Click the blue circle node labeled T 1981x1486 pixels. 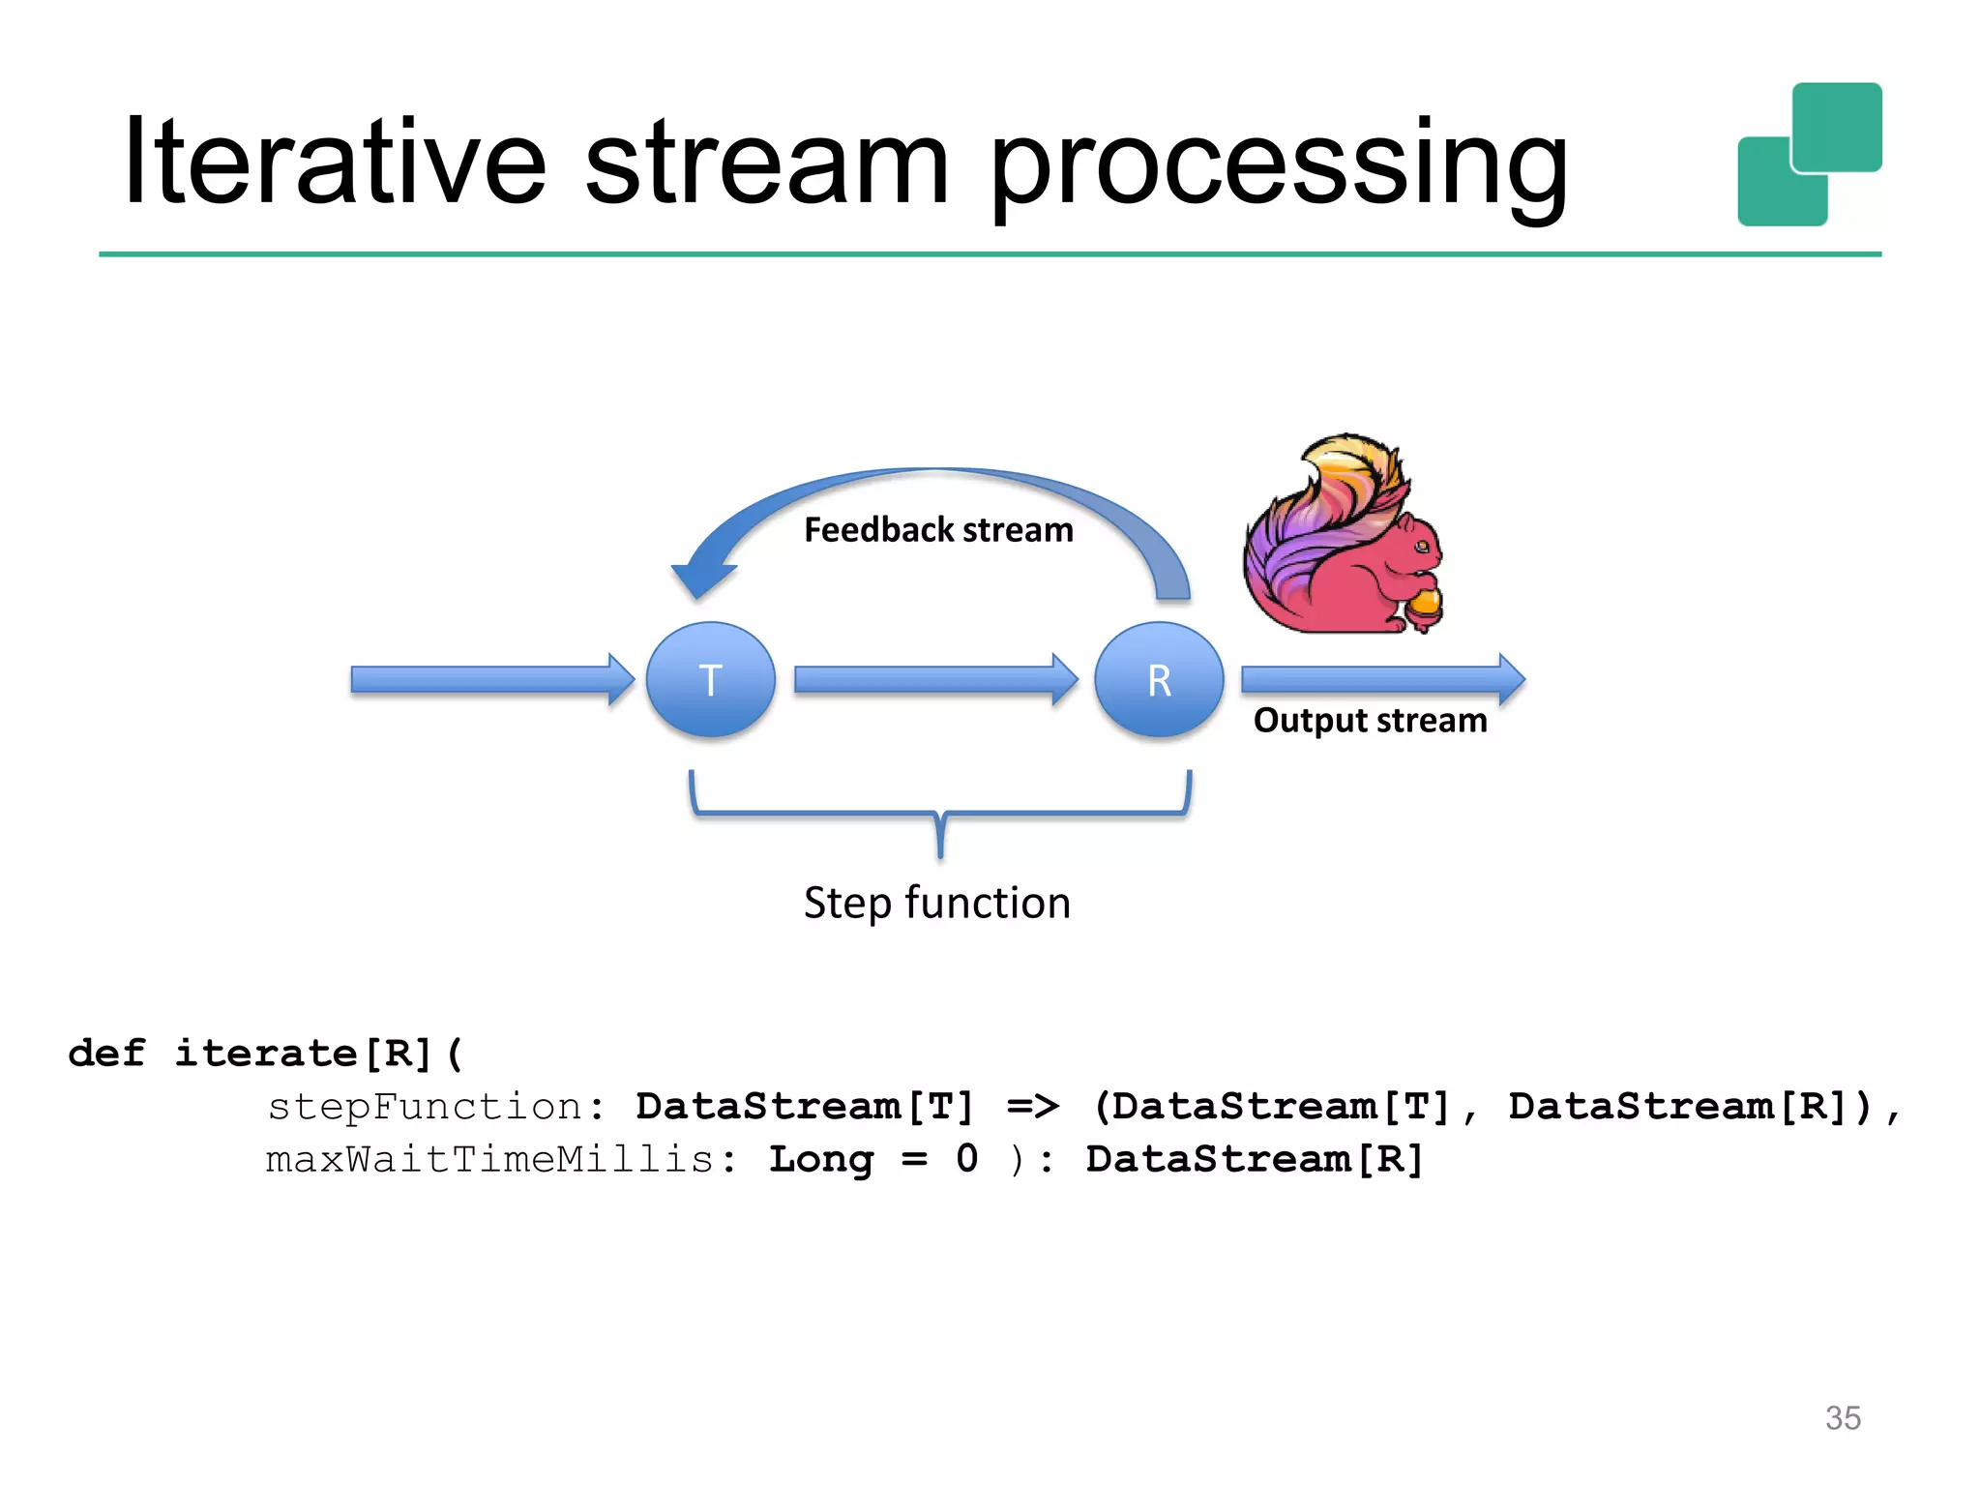(710, 679)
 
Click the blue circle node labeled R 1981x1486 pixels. (1159, 679)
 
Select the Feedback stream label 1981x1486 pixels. (938, 530)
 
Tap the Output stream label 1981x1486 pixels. (1370, 721)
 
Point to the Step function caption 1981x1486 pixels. (936, 903)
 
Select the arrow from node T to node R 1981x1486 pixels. (934, 679)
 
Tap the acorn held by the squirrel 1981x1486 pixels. (1424, 604)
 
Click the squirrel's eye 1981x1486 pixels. (1422, 548)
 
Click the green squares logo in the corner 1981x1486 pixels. (1809, 155)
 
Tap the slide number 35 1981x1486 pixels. (1842, 1417)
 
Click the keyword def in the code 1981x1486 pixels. (106, 1053)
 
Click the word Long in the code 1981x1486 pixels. (820, 1159)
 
